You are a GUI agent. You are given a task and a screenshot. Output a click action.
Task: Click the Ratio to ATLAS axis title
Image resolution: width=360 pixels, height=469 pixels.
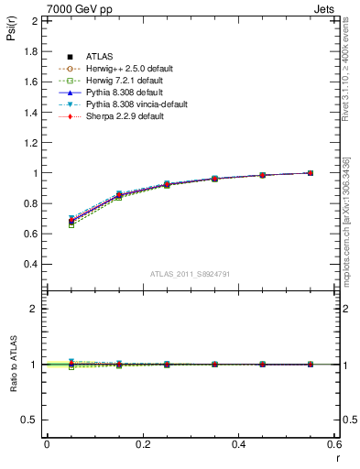click(x=12, y=364)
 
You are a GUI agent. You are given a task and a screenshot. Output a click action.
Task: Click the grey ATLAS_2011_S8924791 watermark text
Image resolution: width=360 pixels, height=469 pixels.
click(x=190, y=274)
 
